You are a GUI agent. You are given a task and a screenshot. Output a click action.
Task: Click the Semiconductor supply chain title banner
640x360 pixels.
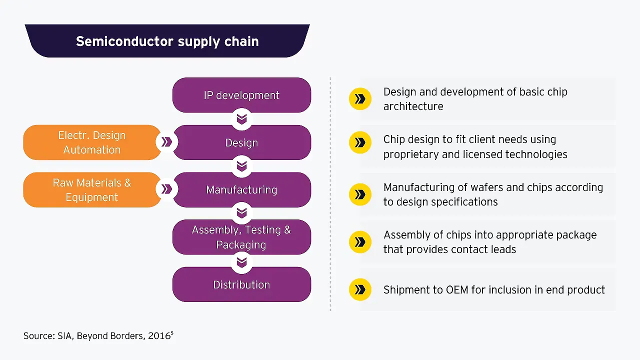coord(167,41)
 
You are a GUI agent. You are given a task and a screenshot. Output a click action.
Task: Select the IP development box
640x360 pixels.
coord(241,95)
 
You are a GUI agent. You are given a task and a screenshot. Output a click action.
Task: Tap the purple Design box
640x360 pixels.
coord(241,142)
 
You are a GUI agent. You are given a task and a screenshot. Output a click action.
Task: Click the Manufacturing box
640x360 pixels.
coord(241,190)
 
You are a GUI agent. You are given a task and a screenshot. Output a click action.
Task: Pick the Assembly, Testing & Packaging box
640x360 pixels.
coord(241,237)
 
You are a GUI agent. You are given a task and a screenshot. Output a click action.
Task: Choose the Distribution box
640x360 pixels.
coord(241,284)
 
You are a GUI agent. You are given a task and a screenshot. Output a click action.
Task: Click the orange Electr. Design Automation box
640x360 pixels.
coord(92,142)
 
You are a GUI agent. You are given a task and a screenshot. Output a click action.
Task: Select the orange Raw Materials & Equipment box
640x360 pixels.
coord(92,190)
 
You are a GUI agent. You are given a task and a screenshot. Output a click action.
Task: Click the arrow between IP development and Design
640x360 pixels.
coord(241,119)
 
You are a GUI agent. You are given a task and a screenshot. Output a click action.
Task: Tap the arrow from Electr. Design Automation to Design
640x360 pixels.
coord(166,142)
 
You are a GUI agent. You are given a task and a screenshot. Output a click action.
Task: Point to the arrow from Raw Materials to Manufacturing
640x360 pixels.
coord(166,189)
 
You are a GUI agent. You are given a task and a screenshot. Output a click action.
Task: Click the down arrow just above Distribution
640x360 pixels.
coord(241,261)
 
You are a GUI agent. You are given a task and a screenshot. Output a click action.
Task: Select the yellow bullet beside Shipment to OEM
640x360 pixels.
coord(360,289)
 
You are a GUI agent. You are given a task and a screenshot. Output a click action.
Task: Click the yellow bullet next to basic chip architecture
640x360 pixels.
coord(360,99)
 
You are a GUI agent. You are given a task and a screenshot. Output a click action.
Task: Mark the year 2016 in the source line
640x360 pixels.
coord(158,336)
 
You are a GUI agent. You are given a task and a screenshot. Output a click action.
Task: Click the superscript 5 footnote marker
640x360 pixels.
coord(172,332)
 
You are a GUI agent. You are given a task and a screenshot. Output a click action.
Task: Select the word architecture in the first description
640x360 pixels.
coord(413,106)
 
